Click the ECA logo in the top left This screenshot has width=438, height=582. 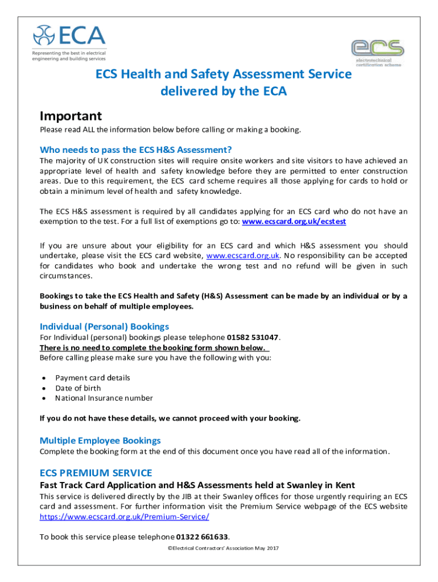coord(69,42)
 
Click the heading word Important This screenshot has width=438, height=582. coord(71,116)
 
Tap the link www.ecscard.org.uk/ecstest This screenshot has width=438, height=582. coord(294,222)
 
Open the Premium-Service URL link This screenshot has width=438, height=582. coord(124,517)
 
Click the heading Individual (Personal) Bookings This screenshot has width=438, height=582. coord(104,326)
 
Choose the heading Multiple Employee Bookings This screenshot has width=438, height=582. coord(100,440)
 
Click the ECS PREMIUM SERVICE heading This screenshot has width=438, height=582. coord(96,473)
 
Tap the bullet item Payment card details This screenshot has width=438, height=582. coord(92,378)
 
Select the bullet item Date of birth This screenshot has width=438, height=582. coord(78,388)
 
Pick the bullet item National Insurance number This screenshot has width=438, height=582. coord(104,398)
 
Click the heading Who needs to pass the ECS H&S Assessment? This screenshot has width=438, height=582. coord(135,150)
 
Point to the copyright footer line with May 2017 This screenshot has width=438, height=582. coord(219,548)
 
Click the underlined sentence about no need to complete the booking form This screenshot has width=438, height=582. coord(154,348)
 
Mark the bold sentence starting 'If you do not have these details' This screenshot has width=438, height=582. coord(170,419)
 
